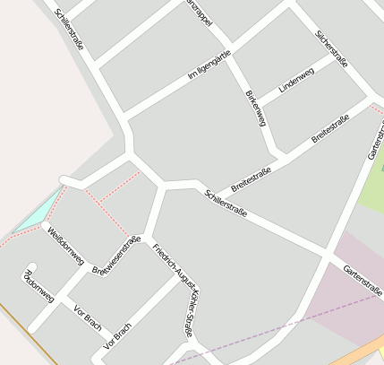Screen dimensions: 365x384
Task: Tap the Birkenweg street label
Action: point(255,108)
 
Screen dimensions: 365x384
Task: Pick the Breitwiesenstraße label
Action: point(116,256)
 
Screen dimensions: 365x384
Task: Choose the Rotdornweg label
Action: point(39,285)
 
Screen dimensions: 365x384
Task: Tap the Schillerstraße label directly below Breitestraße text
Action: point(225,205)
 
